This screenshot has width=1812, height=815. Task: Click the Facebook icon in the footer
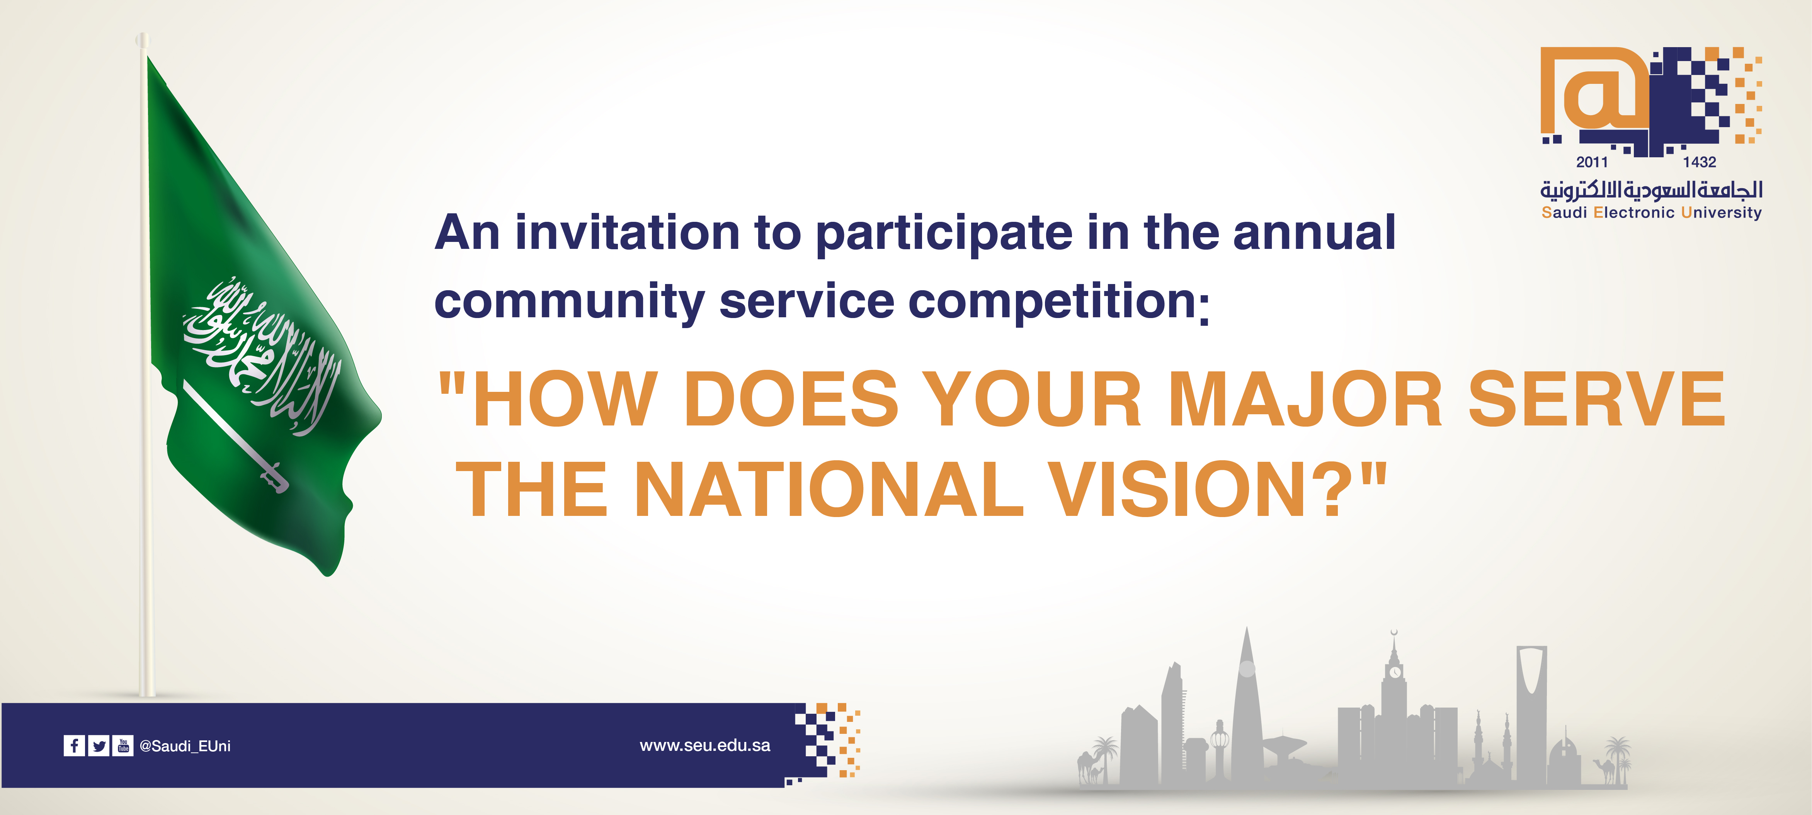pyautogui.click(x=74, y=745)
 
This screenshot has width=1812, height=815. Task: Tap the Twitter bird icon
pyautogui.click(x=99, y=745)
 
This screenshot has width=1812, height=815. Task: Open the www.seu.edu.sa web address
pyautogui.click(x=705, y=745)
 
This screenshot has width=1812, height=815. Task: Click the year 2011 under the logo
pyautogui.click(x=1592, y=162)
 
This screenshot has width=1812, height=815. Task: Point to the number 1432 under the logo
pyautogui.click(x=1700, y=162)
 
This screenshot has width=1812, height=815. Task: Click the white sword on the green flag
pyautogui.click(x=236, y=436)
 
